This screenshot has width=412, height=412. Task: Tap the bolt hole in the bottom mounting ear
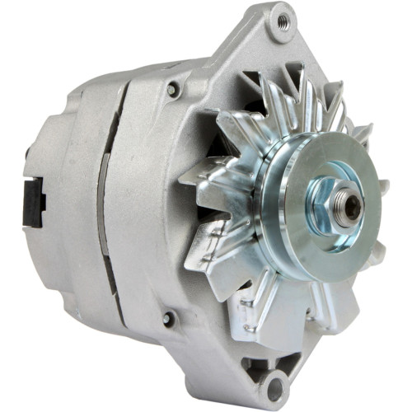(274, 385)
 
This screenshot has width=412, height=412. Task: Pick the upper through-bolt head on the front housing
(174, 89)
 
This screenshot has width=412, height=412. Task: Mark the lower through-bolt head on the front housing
(170, 318)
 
